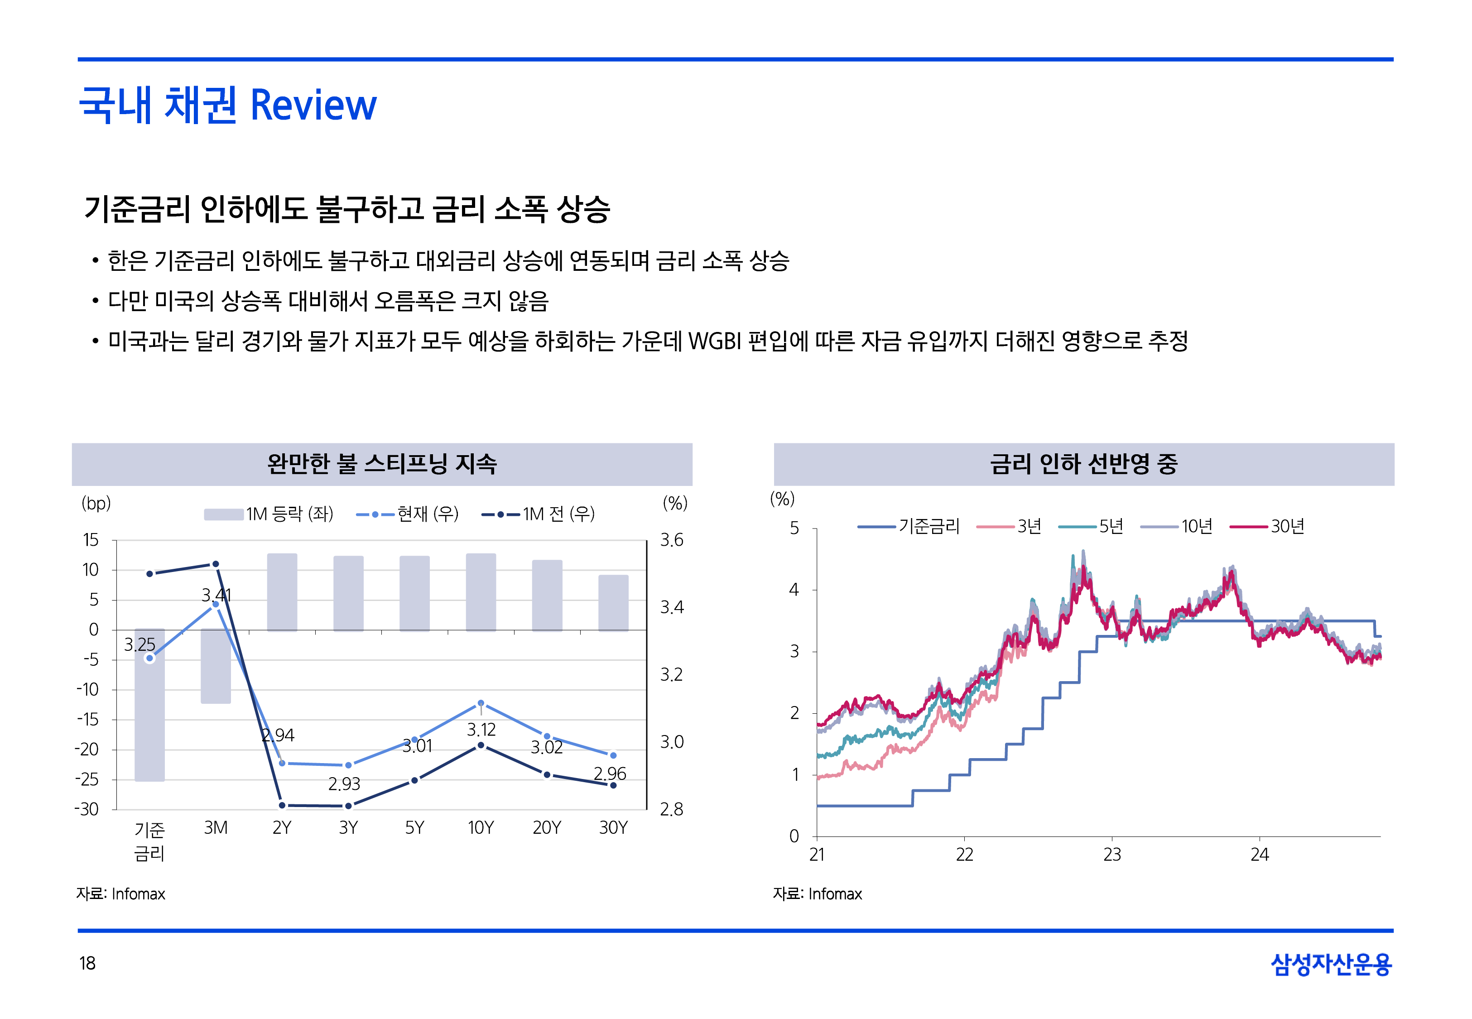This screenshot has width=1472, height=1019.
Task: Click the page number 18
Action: point(87,963)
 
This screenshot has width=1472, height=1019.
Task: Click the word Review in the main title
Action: point(313,106)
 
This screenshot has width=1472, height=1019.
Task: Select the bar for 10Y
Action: point(481,592)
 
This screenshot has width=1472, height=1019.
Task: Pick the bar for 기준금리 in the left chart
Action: point(149,705)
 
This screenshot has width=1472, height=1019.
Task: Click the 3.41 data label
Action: point(216,595)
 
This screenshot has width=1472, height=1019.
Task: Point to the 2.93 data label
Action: point(344,783)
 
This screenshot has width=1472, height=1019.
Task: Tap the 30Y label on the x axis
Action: point(613,827)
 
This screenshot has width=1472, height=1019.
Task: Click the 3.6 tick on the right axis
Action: point(672,540)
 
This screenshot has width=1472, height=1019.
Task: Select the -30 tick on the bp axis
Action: point(87,809)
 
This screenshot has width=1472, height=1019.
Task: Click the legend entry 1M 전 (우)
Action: point(538,514)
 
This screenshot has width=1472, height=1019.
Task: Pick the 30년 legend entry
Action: point(1267,527)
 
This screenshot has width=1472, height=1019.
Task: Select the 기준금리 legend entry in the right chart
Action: point(909,527)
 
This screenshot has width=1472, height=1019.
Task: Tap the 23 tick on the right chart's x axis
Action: point(1112,854)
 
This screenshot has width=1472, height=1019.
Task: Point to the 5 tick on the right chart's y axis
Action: point(794,528)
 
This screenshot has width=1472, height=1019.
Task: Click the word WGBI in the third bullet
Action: point(714,341)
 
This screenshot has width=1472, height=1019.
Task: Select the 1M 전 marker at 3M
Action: point(216,564)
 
